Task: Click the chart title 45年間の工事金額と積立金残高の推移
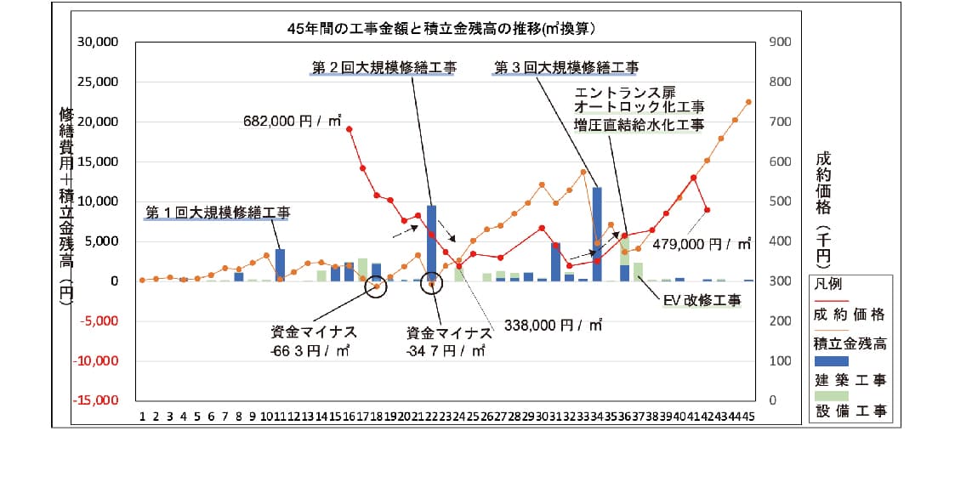[x=446, y=27]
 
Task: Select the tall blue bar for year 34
[x=597, y=234]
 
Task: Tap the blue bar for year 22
[x=432, y=242]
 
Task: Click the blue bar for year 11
[x=280, y=264]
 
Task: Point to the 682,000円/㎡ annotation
[x=290, y=122]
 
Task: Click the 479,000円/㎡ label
[x=702, y=243]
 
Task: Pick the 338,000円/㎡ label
[x=554, y=324]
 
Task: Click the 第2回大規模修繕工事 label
[x=384, y=68]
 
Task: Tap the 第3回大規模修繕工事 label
[x=566, y=68]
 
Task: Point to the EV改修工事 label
[x=702, y=300]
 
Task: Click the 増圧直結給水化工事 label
[x=639, y=126]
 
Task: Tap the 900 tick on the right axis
[x=779, y=43]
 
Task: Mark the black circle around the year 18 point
[x=377, y=286]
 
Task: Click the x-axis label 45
[x=748, y=417]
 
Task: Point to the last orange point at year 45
[x=749, y=102]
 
